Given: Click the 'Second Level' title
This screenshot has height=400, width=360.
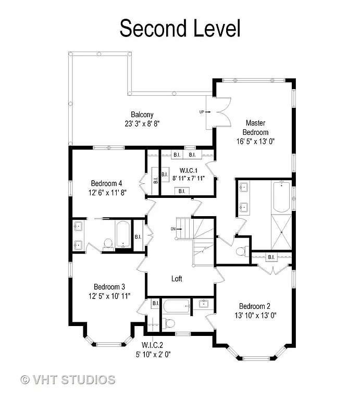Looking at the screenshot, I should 180,28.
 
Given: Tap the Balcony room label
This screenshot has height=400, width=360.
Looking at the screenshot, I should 142,115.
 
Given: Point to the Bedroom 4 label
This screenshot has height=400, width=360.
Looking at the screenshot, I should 106,183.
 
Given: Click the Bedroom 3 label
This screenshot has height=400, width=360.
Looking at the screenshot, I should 109,287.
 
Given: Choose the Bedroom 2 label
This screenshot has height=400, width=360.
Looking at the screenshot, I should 255,306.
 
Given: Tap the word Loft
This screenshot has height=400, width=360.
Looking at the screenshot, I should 177,279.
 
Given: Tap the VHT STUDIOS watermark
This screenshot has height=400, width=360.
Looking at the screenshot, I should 68,379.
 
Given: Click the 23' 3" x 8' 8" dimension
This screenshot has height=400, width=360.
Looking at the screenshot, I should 142,124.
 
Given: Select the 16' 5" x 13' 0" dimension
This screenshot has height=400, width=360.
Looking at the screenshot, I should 255,141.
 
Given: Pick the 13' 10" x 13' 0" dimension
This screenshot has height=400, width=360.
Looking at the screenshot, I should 255,315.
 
